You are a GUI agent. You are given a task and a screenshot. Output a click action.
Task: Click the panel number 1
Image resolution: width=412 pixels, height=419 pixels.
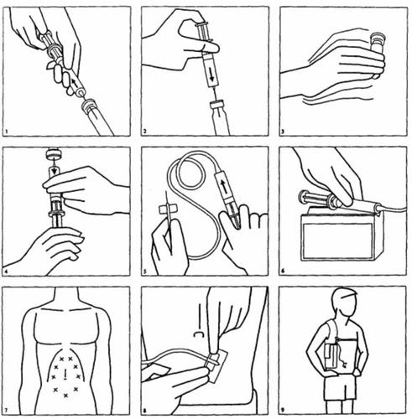pyautogui.click(x=6, y=132)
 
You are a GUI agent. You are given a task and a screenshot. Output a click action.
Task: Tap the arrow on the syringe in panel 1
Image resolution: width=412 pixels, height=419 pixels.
pyautogui.click(x=75, y=82)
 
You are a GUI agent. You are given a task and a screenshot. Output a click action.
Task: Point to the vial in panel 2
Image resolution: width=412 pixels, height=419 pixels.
pyautogui.click(x=219, y=118)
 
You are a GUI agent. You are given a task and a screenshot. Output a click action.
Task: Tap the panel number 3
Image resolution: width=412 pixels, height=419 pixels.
pyautogui.click(x=283, y=131)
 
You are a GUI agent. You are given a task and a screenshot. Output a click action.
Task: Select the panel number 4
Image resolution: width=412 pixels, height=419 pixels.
pyautogui.click(x=6, y=272)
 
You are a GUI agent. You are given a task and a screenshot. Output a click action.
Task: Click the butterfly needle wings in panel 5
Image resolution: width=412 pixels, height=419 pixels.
pyautogui.click(x=167, y=209)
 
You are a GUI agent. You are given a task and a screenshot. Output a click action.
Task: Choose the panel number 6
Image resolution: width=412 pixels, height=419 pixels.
pyautogui.click(x=283, y=271)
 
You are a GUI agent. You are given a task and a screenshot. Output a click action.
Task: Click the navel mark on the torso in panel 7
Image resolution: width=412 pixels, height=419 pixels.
pyautogui.click(x=65, y=375)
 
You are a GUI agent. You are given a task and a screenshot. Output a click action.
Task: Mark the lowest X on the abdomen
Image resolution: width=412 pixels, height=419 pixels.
pyautogui.click(x=65, y=396)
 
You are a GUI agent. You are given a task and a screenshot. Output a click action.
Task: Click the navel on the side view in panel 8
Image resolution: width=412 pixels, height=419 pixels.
pyautogui.click(x=198, y=334)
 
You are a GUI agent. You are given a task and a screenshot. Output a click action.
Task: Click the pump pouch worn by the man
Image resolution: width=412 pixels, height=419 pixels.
pyautogui.click(x=331, y=357)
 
